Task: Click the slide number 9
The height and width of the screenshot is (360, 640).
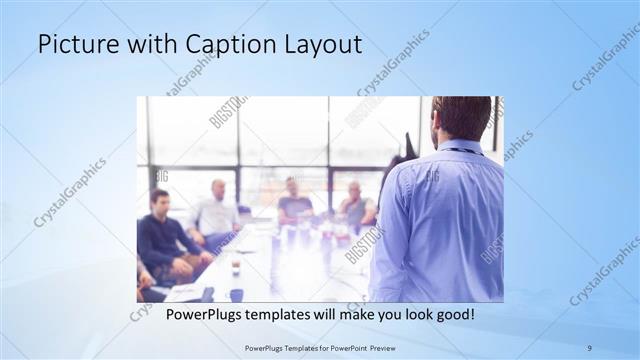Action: click(x=590, y=347)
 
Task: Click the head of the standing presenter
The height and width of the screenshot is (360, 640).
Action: click(x=461, y=118)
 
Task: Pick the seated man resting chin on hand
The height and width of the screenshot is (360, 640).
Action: click(x=355, y=205)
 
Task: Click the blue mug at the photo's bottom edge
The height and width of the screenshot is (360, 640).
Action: click(x=236, y=294)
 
